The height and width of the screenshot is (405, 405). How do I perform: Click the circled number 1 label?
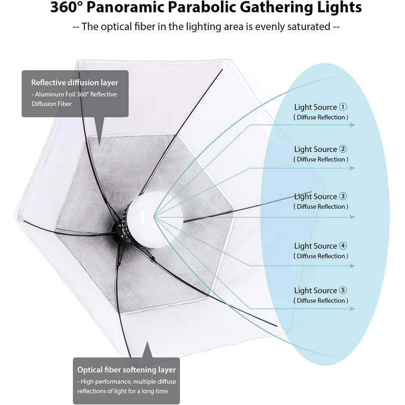[343, 107]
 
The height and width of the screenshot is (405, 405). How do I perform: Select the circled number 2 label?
[343, 149]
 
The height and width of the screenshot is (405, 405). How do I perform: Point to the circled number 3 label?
[343, 196]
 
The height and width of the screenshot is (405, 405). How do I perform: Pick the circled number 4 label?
[343, 246]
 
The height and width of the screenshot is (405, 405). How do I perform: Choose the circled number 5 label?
[343, 290]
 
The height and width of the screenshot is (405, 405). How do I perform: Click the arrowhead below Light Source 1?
[352, 125]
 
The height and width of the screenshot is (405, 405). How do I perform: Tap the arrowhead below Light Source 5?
[352, 308]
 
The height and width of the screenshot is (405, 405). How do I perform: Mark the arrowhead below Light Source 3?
[352, 217]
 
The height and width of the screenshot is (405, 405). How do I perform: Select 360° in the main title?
[66, 7]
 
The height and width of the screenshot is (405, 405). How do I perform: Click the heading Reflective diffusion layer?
[75, 82]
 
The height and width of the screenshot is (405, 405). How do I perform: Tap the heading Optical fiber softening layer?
[127, 370]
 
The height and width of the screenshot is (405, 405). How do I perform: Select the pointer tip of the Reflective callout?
[100, 146]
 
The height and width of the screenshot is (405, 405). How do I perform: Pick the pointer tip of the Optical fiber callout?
[148, 342]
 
